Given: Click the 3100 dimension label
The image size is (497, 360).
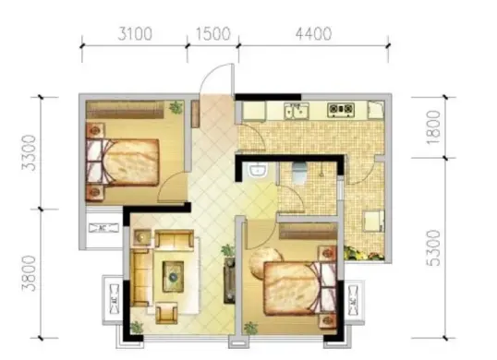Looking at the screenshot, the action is [x=135, y=34].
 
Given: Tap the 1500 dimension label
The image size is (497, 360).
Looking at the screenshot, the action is [x=212, y=34].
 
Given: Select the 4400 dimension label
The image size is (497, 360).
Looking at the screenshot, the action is [x=314, y=34].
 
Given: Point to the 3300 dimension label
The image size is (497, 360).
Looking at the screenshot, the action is [x=29, y=153].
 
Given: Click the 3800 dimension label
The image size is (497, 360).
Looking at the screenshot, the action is [x=29, y=273].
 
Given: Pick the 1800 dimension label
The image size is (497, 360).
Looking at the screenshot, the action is [x=433, y=127].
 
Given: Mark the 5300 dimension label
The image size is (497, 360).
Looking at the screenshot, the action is [x=433, y=248].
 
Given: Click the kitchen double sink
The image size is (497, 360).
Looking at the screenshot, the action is [x=297, y=111].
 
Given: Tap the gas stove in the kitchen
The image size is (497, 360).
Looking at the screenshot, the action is [x=341, y=109].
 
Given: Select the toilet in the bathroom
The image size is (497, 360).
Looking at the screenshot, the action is [x=299, y=172].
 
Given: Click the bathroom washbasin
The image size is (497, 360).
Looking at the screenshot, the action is [x=259, y=171].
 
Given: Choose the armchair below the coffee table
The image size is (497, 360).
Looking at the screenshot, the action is [x=166, y=313].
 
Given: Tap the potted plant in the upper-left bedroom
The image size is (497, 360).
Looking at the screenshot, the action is [x=176, y=107].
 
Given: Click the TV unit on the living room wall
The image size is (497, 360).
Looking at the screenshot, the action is [x=229, y=281].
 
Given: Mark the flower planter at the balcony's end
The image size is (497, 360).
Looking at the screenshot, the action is [x=365, y=254].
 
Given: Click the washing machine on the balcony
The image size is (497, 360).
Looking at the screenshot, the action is [x=374, y=221].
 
